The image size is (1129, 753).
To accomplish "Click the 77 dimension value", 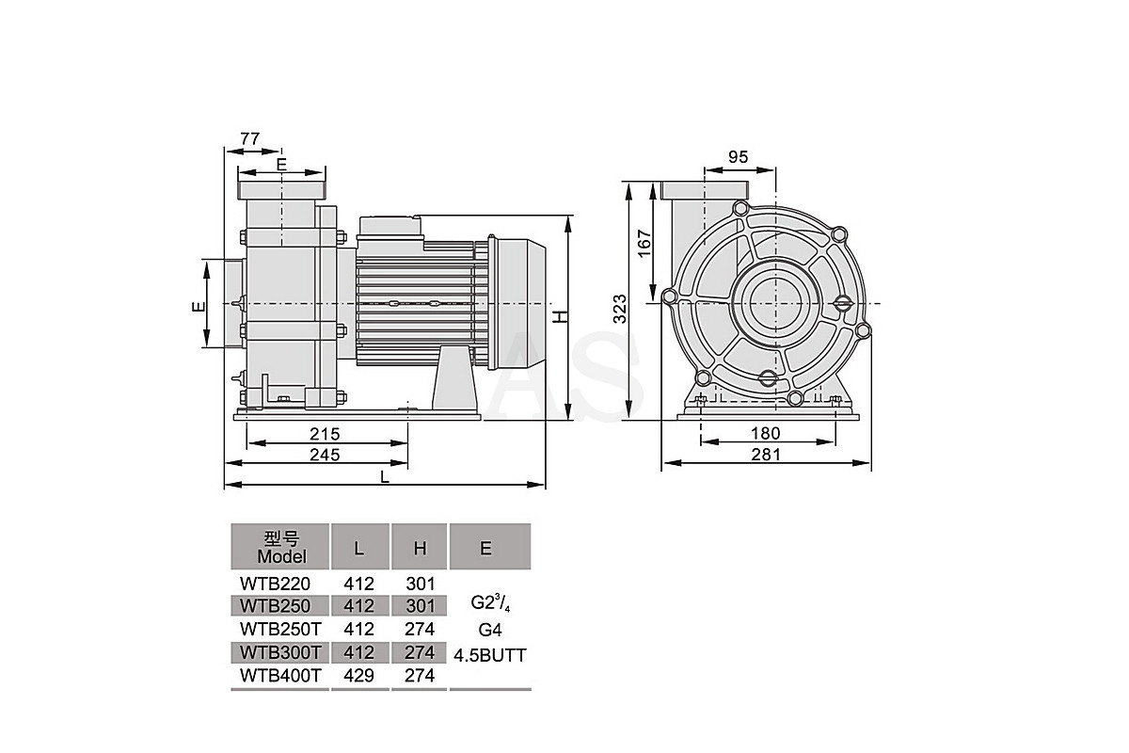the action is click(x=249, y=138).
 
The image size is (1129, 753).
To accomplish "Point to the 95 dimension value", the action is click(x=738, y=157).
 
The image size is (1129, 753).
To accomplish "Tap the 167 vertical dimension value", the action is click(x=644, y=244).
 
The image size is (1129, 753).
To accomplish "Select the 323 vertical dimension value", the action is click(x=619, y=309).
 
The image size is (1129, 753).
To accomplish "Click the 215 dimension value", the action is click(x=325, y=434).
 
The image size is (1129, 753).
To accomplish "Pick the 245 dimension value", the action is click(x=325, y=455).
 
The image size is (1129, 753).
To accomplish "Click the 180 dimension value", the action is click(x=765, y=433).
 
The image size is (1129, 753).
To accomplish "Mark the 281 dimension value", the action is click(x=765, y=455).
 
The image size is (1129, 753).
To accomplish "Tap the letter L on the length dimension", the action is click(x=385, y=477).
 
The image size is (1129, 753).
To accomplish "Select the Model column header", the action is click(x=281, y=548).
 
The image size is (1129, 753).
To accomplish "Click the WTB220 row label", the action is click(x=275, y=584).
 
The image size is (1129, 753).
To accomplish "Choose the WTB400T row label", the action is click(x=279, y=675).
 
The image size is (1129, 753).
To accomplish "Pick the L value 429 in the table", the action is click(x=358, y=675).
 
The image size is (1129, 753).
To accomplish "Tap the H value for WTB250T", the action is click(x=420, y=629).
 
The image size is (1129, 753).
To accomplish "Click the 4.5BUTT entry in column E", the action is click(x=490, y=655).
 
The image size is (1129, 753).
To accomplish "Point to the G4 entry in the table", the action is click(x=490, y=630).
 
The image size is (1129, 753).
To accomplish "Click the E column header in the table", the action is click(x=485, y=548).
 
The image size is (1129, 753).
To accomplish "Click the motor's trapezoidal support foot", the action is click(x=454, y=377).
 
